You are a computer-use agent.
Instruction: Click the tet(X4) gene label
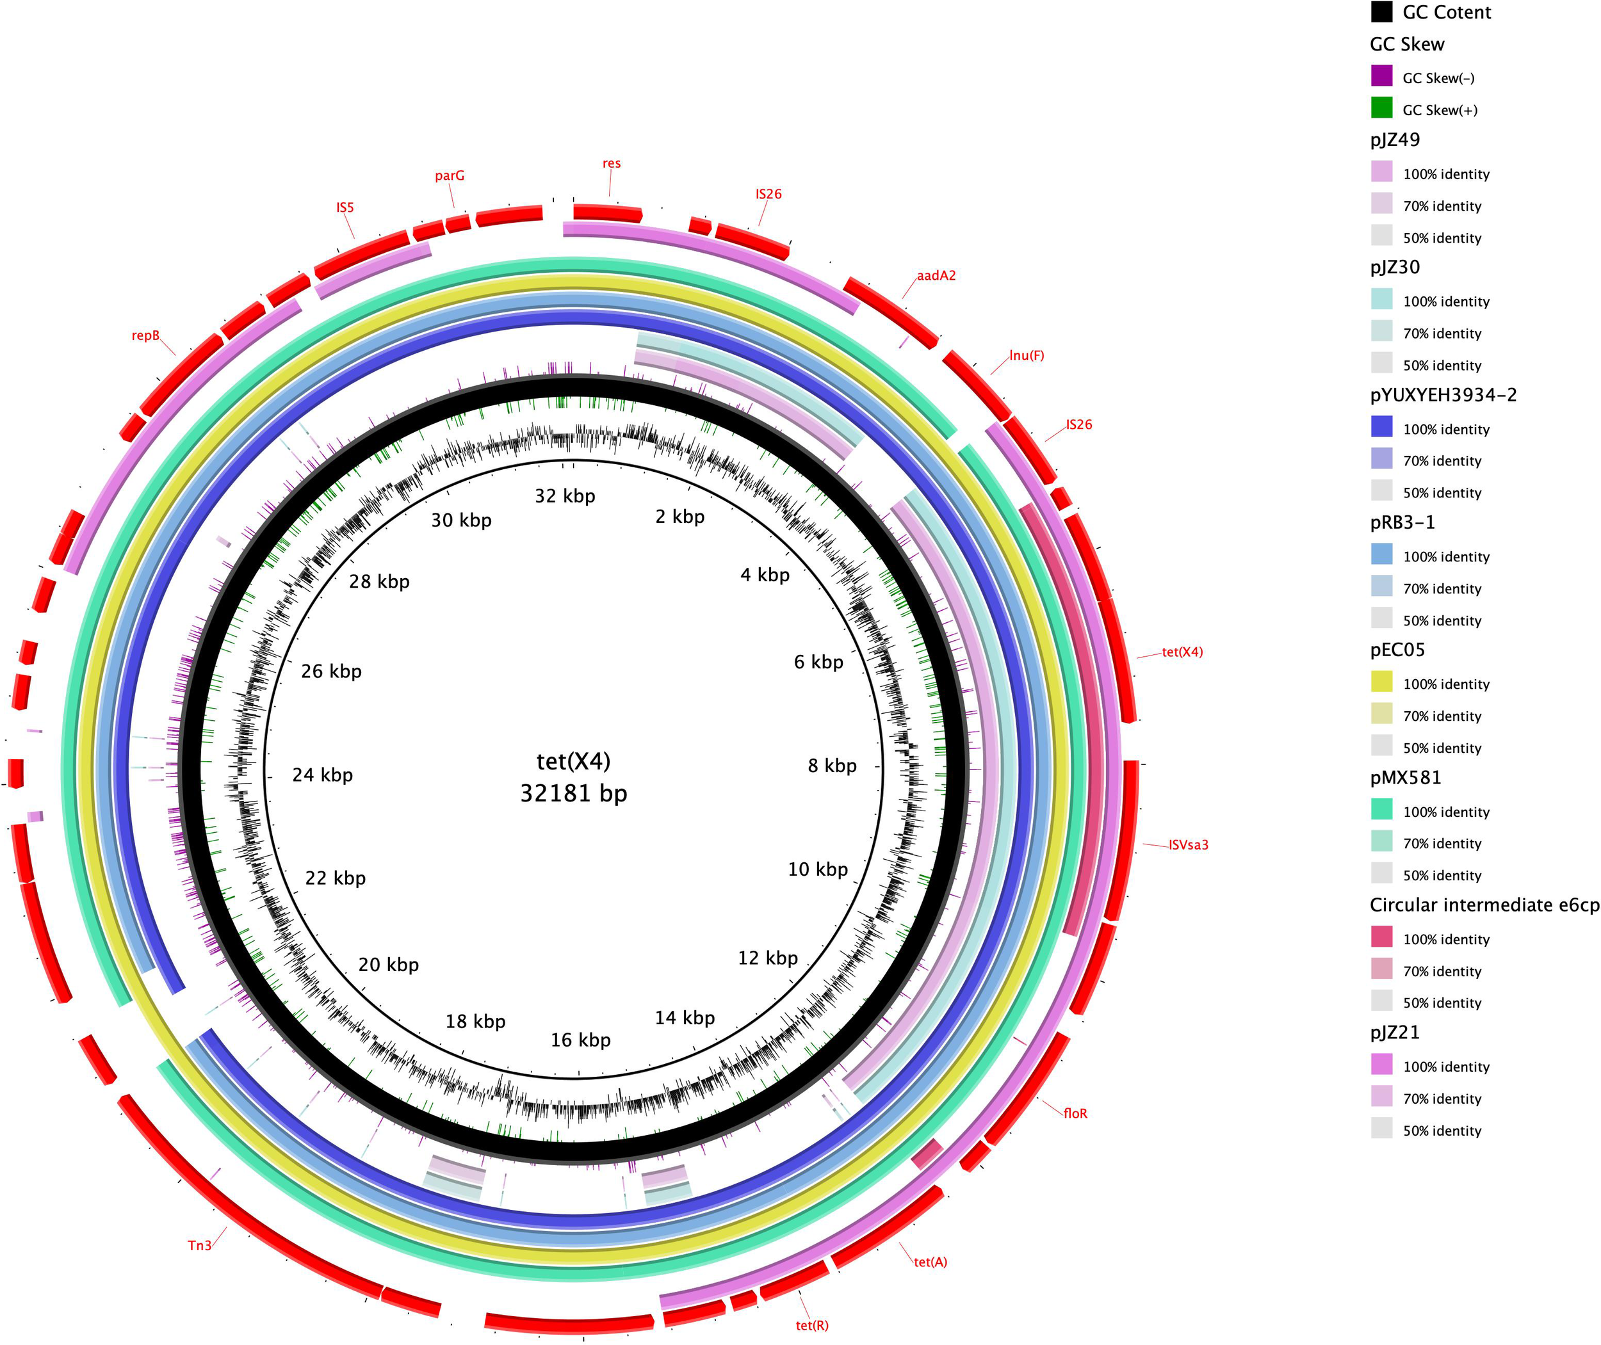tap(1182, 652)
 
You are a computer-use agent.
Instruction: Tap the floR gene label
tap(1075, 1113)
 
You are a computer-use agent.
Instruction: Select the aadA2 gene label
tap(936, 275)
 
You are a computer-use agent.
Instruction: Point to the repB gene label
tap(145, 335)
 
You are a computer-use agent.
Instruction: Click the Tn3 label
tap(199, 1245)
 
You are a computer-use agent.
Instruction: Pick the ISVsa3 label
tap(1189, 845)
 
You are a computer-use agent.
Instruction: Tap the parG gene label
tap(450, 175)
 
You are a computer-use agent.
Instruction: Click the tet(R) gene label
tap(811, 1325)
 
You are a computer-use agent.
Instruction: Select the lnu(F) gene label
tap(1026, 355)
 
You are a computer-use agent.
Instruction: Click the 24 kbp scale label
tap(323, 775)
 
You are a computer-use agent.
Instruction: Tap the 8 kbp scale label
tap(832, 766)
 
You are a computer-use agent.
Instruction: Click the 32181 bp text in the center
tap(574, 794)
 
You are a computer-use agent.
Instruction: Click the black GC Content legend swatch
tap(1381, 12)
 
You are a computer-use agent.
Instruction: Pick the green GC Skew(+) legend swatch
tap(1381, 109)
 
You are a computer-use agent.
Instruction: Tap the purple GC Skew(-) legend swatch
tap(1381, 77)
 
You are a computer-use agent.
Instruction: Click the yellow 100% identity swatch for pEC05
tap(1381, 683)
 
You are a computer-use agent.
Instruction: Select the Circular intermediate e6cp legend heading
tap(1484, 905)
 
